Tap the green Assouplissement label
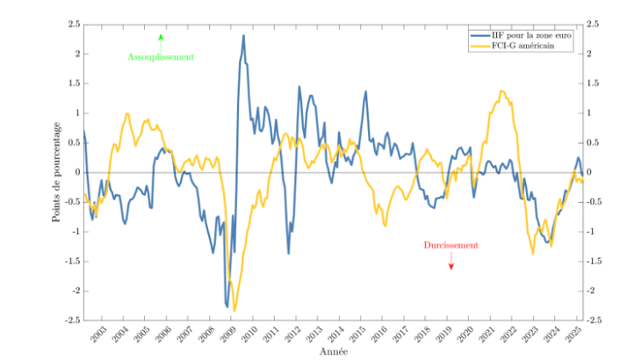(x=161, y=57)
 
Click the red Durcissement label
(x=450, y=246)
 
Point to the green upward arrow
(x=161, y=38)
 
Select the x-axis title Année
(x=334, y=351)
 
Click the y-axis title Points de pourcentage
(x=54, y=173)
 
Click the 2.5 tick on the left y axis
(x=74, y=24)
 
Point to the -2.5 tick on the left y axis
(x=72, y=320)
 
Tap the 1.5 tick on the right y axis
(x=594, y=83)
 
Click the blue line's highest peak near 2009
(x=243, y=36)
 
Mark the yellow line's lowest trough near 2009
(x=234, y=311)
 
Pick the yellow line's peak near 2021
(x=501, y=90)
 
